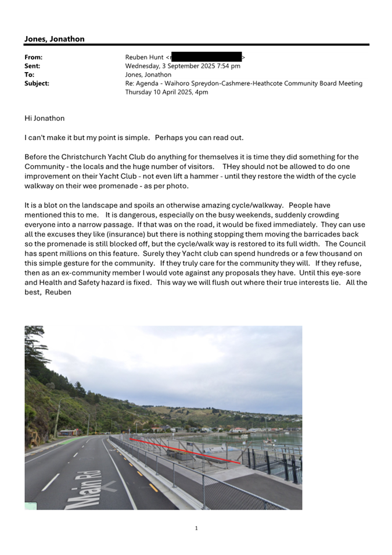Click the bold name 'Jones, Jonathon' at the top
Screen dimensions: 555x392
click(x=54, y=39)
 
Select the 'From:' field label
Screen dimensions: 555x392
click(x=34, y=58)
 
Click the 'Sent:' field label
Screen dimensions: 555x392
click(x=33, y=66)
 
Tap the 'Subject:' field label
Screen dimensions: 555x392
click(x=37, y=84)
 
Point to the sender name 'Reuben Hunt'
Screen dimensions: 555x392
click(x=144, y=58)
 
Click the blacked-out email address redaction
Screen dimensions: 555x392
click(x=207, y=58)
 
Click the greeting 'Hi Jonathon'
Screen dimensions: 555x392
click(x=45, y=119)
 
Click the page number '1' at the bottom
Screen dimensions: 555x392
click(x=196, y=528)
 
